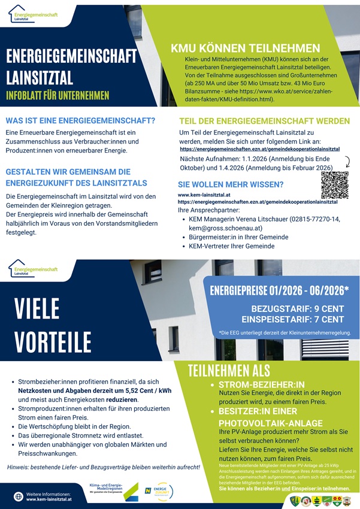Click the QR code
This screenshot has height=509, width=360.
tap(334, 185)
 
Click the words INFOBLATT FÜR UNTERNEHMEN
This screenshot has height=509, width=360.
tap(58, 95)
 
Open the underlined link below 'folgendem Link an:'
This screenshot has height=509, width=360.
tap(259, 148)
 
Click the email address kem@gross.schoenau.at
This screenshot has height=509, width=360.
tap(225, 228)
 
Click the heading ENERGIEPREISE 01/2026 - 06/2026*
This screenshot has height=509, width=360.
tap(279, 291)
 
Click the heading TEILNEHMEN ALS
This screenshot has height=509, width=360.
tap(229, 371)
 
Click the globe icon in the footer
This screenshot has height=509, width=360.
tap(18, 496)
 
